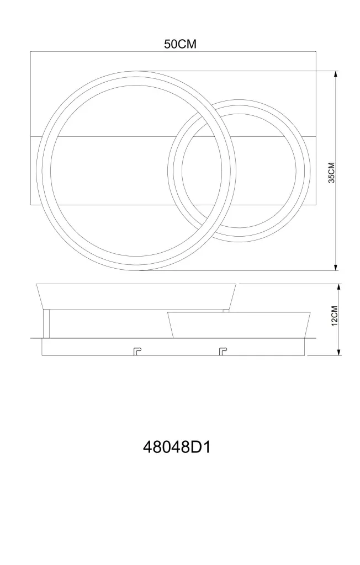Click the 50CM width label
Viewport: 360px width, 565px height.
coord(180,44)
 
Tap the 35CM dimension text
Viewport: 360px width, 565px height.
coord(331,173)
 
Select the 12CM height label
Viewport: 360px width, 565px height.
coord(334,316)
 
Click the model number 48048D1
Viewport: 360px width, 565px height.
coord(177,447)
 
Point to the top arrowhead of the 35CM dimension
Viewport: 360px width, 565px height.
coord(336,74)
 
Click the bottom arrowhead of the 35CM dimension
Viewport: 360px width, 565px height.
coord(336,267)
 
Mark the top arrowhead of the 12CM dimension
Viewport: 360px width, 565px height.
coord(338,287)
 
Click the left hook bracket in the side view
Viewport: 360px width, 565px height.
coord(137,351)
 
